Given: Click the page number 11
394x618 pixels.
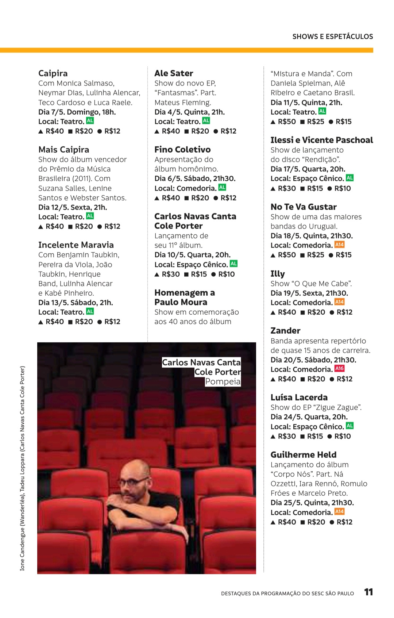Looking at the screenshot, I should point(368,592).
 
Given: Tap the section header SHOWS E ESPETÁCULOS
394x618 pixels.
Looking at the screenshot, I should point(332,37).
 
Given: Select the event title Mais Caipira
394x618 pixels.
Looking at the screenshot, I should point(63,150).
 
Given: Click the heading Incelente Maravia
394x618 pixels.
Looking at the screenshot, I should point(76,245).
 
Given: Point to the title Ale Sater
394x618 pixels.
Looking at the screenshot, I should point(174,73).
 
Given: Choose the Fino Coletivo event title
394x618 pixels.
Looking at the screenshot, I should point(182,150).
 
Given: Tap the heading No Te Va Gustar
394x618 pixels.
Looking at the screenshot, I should point(304,207).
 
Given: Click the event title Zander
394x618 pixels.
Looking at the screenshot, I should point(285,331).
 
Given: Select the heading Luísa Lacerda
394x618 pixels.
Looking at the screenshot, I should point(299,398).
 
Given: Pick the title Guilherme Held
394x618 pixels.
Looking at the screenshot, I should point(303,455).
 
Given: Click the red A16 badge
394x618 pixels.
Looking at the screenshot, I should point(339,369).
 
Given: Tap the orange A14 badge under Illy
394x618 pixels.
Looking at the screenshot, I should point(339,302).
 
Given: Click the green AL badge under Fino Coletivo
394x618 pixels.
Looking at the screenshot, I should point(222,188).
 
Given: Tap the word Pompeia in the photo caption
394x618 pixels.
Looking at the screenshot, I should point(223,382).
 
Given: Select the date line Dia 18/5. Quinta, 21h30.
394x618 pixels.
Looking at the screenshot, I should point(312,236).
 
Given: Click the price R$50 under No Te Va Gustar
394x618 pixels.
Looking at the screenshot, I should point(287,255).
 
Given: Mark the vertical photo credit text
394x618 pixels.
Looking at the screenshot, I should point(22,468).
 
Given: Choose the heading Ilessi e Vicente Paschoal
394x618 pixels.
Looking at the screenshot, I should point(321,140).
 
